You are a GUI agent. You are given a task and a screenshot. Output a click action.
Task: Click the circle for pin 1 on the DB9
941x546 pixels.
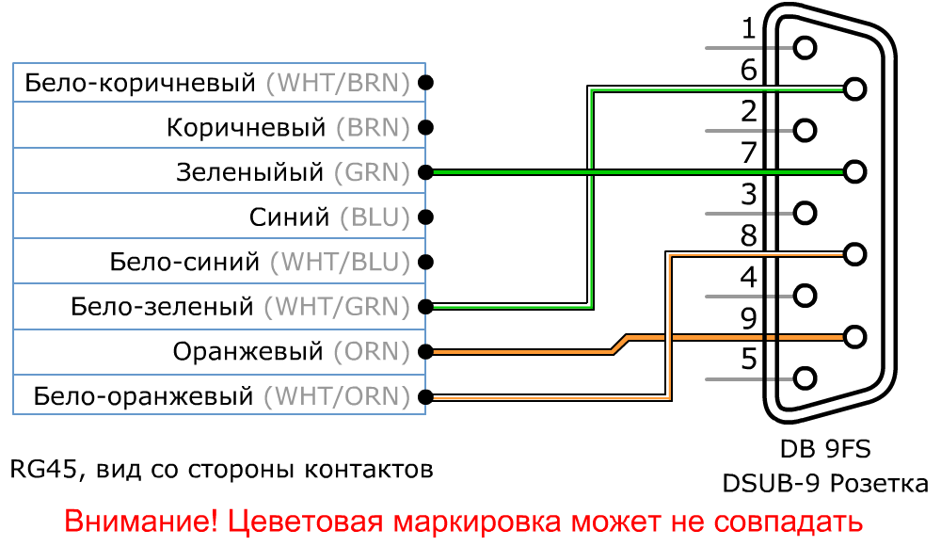pos(805,47)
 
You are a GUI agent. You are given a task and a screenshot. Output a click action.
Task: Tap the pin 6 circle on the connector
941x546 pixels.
pos(854,88)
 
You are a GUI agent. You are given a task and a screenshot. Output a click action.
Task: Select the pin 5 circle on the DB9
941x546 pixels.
pos(805,378)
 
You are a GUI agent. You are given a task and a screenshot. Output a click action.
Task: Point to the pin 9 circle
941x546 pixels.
pos(854,336)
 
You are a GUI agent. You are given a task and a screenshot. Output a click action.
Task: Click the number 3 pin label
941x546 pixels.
pos(749,195)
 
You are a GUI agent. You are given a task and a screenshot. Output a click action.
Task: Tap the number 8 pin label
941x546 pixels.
pos(749,236)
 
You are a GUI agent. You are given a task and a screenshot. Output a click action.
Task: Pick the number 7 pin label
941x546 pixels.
pos(749,153)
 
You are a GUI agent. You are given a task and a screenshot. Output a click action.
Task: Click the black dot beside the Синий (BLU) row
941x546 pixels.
pos(426,217)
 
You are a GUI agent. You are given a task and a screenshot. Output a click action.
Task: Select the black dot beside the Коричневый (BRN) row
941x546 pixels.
pos(426,127)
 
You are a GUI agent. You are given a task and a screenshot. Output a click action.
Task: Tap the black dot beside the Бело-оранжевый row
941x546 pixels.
pos(426,395)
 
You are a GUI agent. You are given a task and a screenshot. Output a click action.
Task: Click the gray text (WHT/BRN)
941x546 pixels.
pos(338,84)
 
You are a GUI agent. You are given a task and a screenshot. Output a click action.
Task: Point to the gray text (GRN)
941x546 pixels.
pos(372,173)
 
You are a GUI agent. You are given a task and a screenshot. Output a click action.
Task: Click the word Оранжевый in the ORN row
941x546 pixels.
pos(248,352)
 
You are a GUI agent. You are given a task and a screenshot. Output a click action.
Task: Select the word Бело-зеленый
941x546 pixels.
pos(163,307)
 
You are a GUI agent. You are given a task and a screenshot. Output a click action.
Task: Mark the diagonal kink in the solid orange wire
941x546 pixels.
pos(618,344)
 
